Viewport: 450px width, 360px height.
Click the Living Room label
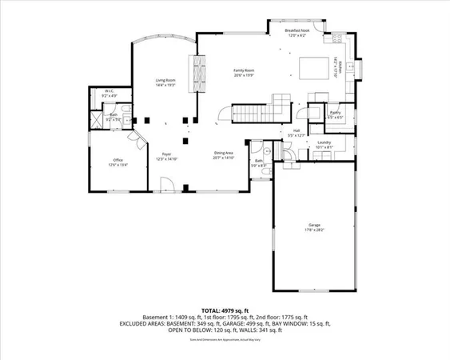(165, 80)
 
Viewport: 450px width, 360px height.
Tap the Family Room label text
(244, 71)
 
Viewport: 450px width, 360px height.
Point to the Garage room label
(314, 226)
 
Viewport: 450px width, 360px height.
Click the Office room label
(117, 160)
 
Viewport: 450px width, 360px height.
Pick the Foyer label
(167, 154)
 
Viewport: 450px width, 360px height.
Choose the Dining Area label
(223, 154)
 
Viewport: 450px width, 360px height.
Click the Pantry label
(336, 113)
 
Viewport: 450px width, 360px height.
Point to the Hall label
(296, 130)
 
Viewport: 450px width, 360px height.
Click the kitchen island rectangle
(313, 66)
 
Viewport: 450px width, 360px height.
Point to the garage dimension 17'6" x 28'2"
(314, 230)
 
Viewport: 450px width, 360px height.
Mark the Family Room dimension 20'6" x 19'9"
(244, 76)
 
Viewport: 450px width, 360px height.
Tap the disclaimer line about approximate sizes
(225, 339)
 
